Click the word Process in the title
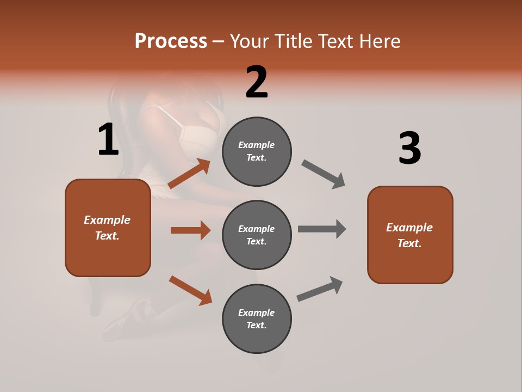(171, 41)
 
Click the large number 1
(108, 140)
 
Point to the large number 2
(257, 82)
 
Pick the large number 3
(409, 149)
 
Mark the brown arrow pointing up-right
(189, 174)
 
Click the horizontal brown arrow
(190, 230)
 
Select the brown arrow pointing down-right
(190, 290)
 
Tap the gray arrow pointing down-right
(324, 174)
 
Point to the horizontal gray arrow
(322, 229)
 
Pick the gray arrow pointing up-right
(320, 289)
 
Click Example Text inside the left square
(107, 228)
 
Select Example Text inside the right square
(409, 235)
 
